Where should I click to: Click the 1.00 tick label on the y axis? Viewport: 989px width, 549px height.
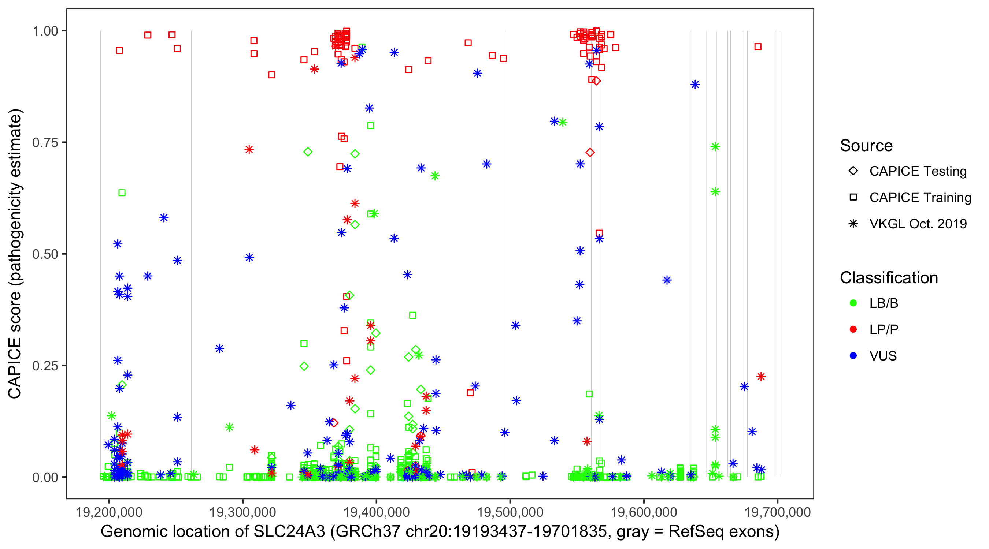click(x=45, y=31)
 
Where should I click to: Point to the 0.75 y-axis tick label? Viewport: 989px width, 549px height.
click(x=45, y=143)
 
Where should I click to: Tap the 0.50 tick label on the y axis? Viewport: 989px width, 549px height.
click(x=45, y=254)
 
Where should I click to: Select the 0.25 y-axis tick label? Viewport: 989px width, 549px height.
click(x=45, y=366)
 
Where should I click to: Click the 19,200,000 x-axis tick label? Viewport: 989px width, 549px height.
click(x=109, y=512)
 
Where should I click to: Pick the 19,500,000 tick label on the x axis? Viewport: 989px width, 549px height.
click(x=510, y=512)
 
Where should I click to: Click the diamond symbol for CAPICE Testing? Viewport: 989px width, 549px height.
click(x=853, y=171)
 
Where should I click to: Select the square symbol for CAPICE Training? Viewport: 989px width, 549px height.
click(x=853, y=198)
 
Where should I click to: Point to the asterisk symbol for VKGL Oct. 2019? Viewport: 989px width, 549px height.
click(x=853, y=224)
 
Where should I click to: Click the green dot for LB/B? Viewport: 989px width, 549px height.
click(x=853, y=303)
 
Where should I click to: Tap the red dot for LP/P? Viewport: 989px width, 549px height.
click(x=853, y=329)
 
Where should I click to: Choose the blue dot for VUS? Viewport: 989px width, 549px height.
click(x=853, y=356)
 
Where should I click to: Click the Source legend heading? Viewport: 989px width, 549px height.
click(x=866, y=146)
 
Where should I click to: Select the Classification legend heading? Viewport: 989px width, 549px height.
click(x=889, y=278)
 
